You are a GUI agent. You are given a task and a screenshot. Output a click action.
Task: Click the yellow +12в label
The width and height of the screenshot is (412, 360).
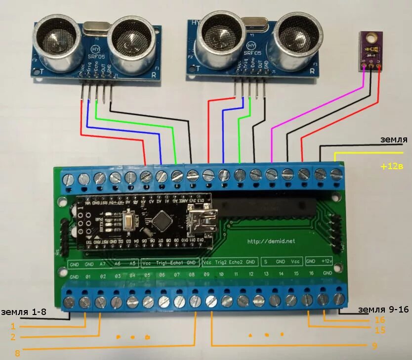pos(392,167)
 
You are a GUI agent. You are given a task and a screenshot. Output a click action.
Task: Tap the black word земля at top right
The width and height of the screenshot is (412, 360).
pos(393,140)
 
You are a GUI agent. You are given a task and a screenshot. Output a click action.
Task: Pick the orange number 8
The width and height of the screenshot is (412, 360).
pos(17,353)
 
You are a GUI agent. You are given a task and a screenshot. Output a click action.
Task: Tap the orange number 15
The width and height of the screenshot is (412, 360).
pos(380,330)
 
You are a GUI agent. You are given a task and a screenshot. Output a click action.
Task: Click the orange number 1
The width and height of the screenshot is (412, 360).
pos(13,326)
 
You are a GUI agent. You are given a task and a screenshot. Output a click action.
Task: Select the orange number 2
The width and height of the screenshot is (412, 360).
pos(13,337)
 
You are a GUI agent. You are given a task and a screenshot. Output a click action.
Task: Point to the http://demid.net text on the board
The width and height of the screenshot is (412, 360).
pos(270,241)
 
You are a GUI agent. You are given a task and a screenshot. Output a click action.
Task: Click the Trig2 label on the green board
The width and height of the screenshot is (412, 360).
pos(221,261)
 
